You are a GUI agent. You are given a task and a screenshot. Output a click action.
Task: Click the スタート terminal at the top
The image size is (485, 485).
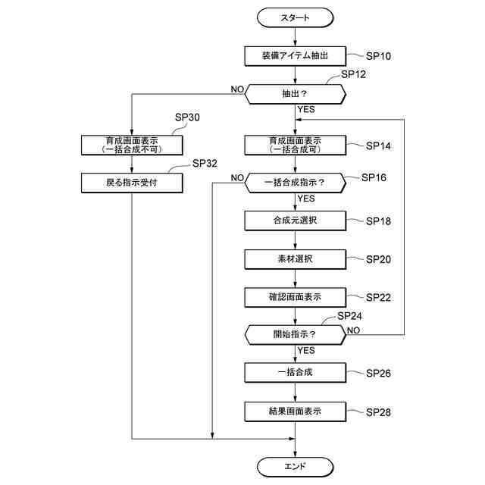(x=295, y=17)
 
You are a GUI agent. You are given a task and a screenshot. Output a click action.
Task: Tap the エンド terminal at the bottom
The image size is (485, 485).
(x=295, y=467)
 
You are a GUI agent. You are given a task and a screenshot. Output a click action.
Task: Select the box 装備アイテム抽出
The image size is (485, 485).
(x=295, y=56)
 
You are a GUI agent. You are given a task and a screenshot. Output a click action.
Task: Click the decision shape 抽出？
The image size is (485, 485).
(x=295, y=94)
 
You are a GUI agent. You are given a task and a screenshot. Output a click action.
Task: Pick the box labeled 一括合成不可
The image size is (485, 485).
(x=132, y=145)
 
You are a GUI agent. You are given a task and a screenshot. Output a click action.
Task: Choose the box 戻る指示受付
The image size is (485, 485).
(x=132, y=183)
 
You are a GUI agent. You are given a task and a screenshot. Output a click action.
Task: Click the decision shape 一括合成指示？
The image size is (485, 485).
(x=295, y=183)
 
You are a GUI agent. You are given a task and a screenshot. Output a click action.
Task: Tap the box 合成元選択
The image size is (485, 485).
(x=295, y=221)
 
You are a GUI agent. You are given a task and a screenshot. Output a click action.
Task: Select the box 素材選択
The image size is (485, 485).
(x=295, y=259)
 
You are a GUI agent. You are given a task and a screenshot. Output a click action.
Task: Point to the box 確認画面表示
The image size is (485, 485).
(x=295, y=297)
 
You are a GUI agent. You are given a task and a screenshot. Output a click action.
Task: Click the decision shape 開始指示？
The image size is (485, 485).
(x=295, y=335)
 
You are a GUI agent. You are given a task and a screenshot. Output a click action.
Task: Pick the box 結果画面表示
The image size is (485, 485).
(x=295, y=411)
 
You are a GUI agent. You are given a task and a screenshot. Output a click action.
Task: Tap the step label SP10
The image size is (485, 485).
(x=378, y=56)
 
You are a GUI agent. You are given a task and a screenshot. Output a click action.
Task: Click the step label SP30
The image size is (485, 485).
(x=187, y=117)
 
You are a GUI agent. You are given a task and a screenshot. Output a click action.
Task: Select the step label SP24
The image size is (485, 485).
(x=349, y=316)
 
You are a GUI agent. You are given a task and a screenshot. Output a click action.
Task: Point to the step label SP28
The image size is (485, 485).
(x=378, y=412)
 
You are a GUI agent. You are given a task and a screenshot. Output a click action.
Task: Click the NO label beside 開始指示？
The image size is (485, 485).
(x=353, y=330)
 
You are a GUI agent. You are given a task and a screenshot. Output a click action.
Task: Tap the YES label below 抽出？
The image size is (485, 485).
(x=306, y=109)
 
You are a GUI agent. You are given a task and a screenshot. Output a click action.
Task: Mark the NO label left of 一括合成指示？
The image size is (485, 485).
(x=237, y=178)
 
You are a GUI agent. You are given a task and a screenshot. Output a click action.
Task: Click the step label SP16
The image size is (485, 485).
(x=374, y=177)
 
